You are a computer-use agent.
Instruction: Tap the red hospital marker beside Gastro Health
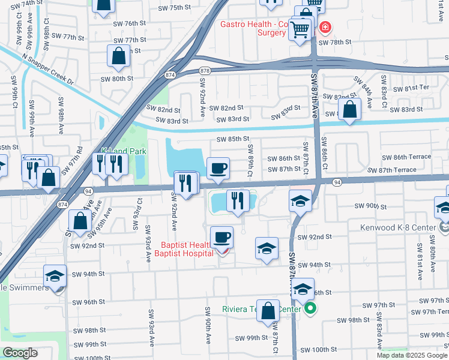pos(325,27)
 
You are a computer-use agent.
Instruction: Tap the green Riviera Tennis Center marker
pos(310,309)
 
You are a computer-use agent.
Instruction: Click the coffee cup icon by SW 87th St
pos(218,167)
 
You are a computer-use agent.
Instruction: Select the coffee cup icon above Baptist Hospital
pos(221,236)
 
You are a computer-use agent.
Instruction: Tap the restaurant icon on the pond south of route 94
pos(238,200)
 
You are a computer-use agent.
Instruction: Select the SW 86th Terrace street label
pos(403,157)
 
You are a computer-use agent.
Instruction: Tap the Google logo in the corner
pos(20,353)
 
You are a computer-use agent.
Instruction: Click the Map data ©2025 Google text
pos(412,355)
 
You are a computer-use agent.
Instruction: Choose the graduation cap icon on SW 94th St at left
pos(55,276)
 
